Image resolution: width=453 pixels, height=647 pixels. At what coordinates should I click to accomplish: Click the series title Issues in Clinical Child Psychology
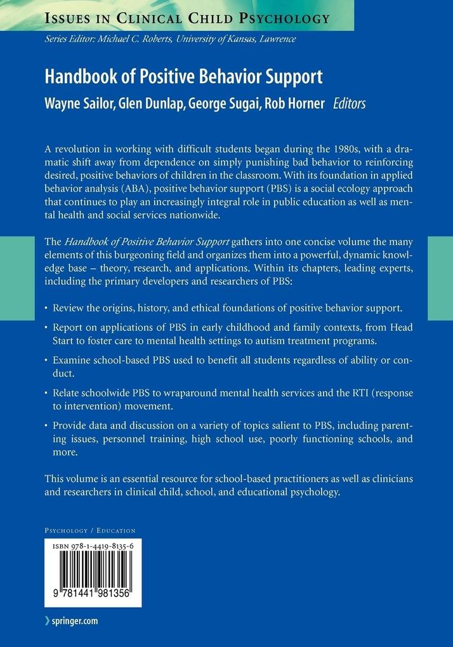tap(187, 17)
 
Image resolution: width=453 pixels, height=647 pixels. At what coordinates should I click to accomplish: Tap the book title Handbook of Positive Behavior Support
tap(183, 77)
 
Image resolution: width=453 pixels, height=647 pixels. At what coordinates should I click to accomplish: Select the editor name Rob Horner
tap(298, 103)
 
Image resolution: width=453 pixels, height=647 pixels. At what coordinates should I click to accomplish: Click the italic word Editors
tap(350, 103)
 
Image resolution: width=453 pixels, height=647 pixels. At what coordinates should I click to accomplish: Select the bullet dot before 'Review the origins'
tap(47, 308)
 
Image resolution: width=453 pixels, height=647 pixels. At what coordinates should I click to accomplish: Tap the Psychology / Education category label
tap(89, 530)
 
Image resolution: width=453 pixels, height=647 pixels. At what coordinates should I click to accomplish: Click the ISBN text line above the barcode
tap(93, 544)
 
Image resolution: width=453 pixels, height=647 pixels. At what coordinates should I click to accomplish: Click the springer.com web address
tap(75, 621)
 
